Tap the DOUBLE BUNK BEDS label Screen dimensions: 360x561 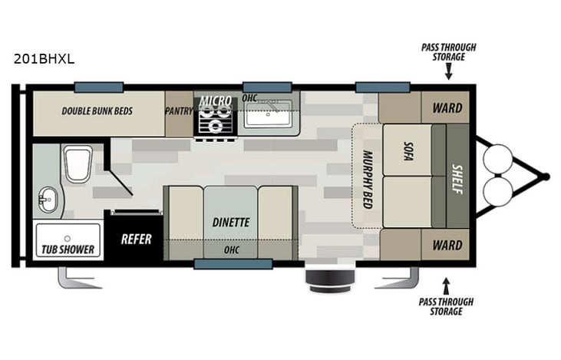[97, 111]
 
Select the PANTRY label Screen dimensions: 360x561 [179, 111]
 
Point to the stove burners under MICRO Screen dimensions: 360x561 [215, 121]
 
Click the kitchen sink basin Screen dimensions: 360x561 [267, 115]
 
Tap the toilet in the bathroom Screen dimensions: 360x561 [78, 163]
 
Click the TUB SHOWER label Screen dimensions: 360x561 [67, 249]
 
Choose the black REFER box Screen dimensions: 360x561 [135, 239]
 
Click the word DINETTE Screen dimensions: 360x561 [230, 223]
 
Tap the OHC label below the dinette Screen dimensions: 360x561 [230, 249]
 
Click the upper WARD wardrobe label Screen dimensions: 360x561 [448, 108]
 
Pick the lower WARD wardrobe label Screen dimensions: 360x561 [448, 246]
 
